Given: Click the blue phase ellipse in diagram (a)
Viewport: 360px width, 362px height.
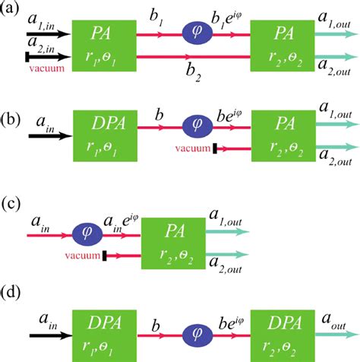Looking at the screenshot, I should coord(200,34).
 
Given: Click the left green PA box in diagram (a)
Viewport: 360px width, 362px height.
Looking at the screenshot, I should coord(103,45).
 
